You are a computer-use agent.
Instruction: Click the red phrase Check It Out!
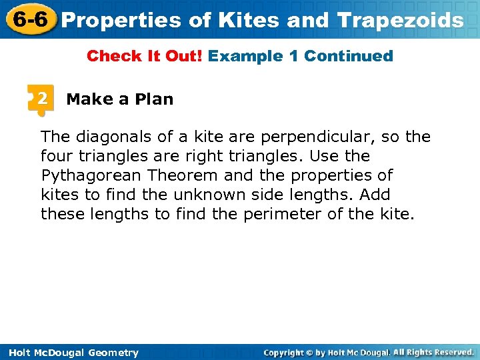(145, 56)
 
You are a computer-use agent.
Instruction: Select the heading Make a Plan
(120, 99)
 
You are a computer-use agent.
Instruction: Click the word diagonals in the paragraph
(114, 137)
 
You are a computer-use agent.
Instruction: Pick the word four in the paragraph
(55, 156)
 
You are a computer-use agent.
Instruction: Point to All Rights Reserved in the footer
(433, 352)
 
